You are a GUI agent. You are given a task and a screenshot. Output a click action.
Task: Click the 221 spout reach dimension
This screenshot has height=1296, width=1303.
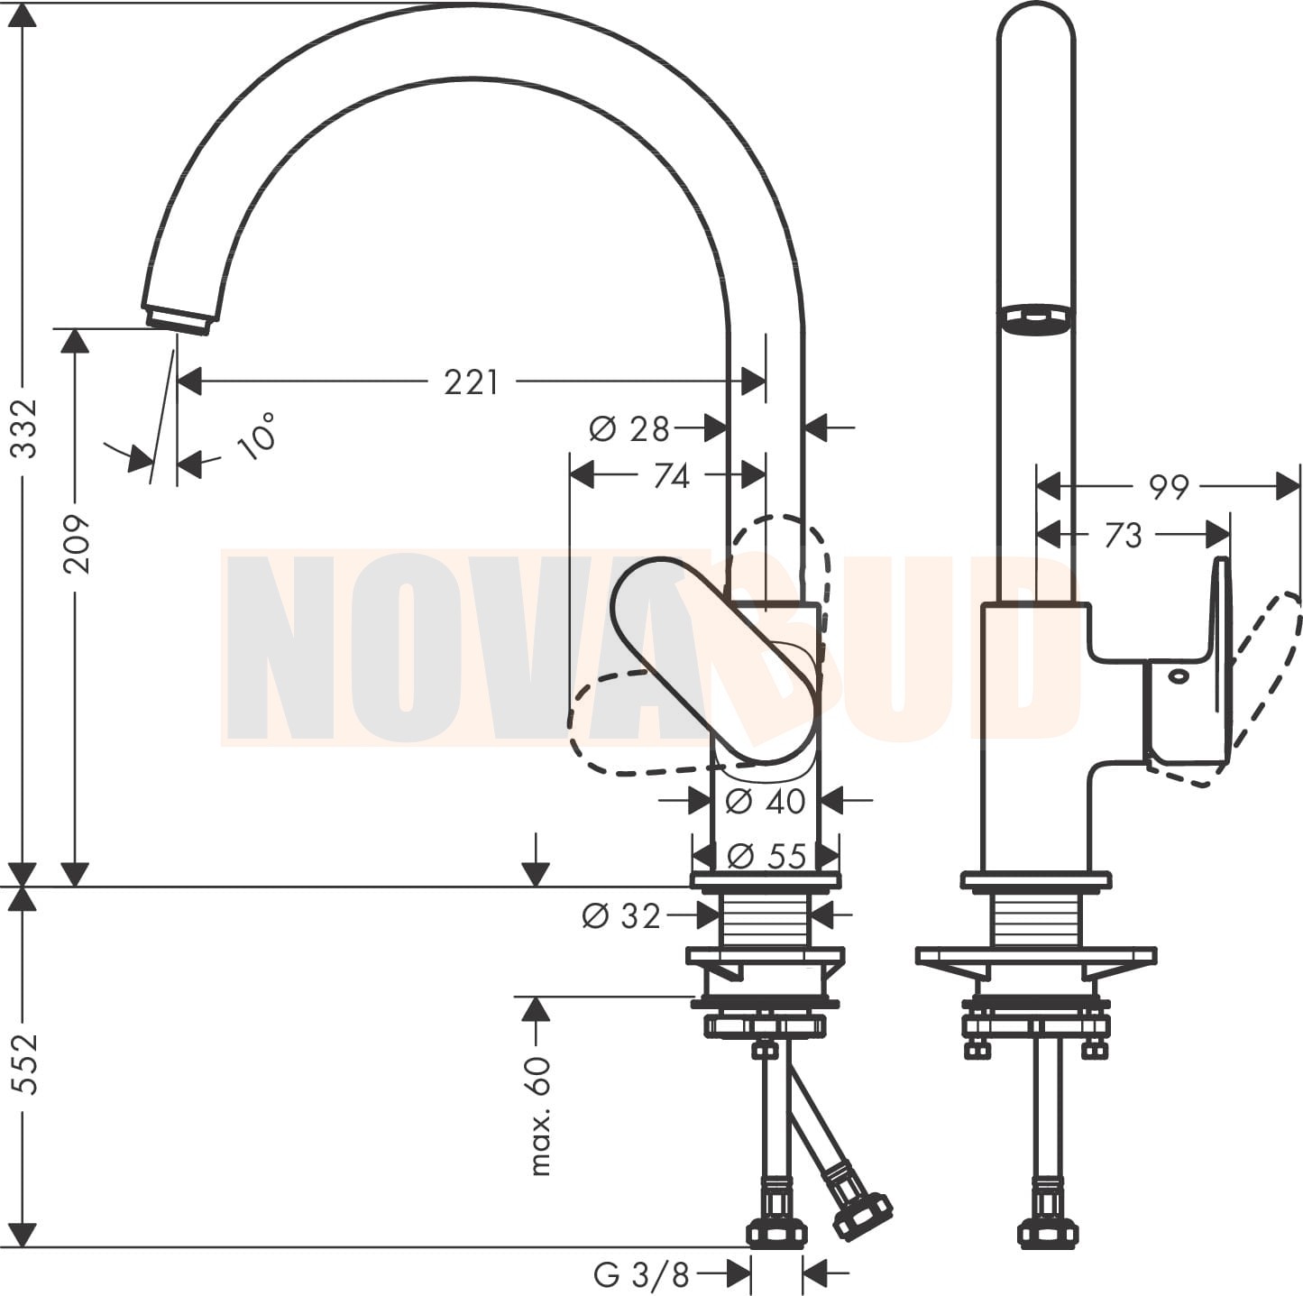coord(471,382)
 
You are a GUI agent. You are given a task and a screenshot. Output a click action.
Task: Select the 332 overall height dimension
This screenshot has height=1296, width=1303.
coord(26,429)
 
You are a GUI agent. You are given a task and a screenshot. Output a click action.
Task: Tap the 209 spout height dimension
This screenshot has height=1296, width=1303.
coord(77,545)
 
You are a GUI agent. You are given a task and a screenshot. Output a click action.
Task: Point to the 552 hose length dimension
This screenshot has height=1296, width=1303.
coord(26,1064)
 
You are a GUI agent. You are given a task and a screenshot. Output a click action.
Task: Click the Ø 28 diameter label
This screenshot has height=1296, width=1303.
coord(629,429)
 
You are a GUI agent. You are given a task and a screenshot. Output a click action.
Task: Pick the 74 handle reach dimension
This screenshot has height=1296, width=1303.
coord(672,477)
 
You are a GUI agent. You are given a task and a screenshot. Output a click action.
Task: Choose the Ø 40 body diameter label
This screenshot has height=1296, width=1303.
coord(766,802)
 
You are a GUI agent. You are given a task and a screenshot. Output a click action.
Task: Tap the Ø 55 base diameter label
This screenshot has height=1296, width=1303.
coord(766,857)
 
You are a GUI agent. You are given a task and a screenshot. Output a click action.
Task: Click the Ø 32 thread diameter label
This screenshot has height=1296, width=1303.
coord(620,916)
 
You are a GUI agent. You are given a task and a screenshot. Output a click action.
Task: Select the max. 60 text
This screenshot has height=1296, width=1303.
coord(540,1117)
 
